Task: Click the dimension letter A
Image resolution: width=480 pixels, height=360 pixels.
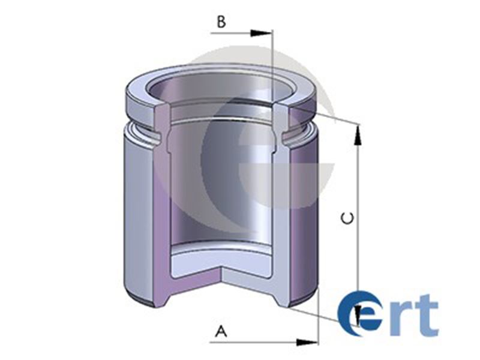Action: (221, 331)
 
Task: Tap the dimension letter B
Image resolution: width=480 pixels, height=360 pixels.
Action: (221, 22)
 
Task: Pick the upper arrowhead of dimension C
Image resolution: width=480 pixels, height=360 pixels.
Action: (358, 134)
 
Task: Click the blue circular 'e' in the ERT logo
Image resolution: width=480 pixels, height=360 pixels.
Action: (361, 311)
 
